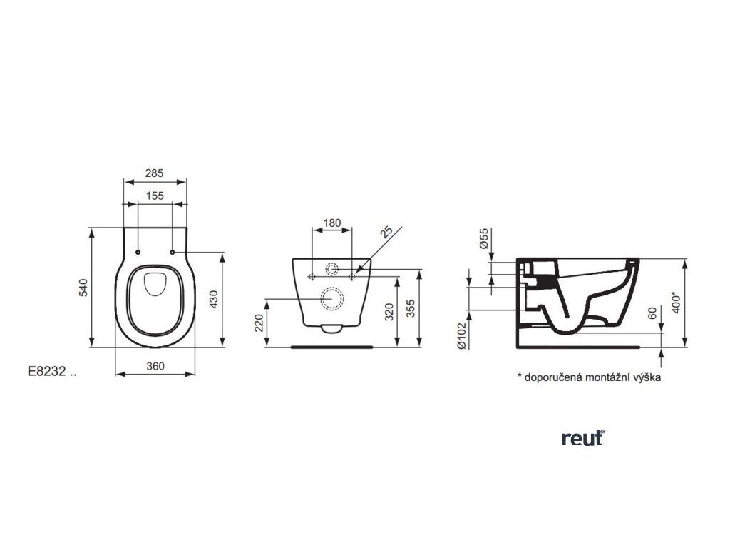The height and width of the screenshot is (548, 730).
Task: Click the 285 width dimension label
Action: pos(155,173)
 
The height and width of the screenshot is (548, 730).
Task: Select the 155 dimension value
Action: pos(155,196)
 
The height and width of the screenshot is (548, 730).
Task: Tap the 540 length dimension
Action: pos(83,288)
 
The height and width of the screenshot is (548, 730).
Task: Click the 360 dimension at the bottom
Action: pos(155,366)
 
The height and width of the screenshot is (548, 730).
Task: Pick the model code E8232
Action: pos(47,372)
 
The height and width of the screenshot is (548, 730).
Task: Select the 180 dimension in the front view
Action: pos(331,223)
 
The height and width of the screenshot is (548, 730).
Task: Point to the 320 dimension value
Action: pos(389,310)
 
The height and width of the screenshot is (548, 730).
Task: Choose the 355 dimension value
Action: pos(411,308)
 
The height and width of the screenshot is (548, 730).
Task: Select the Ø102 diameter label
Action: pos(461,333)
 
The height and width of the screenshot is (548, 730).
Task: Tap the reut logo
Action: pos(582,439)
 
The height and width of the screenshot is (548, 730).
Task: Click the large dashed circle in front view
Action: pos(332,298)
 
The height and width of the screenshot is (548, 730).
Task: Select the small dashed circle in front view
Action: pos(332,270)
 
